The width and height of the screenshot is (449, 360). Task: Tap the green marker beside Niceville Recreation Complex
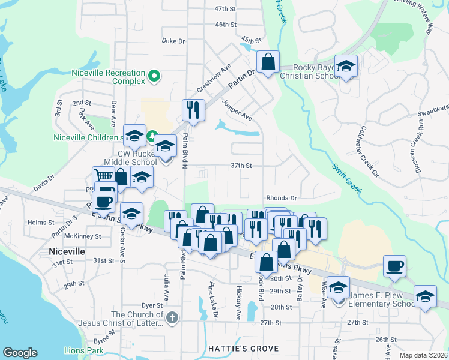coord(154,77)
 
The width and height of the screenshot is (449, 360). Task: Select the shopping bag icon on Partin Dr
coord(268,61)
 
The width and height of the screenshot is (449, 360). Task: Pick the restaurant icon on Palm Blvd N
coord(193,110)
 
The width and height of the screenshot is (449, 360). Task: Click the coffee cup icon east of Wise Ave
coord(394,266)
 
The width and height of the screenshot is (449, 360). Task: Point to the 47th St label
coord(226,9)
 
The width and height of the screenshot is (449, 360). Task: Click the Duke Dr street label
coord(173,41)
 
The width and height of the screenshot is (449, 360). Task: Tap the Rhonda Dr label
coord(282,197)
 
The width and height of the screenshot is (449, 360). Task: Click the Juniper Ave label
coord(237,110)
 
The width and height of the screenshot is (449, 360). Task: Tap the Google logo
coord(20,352)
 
